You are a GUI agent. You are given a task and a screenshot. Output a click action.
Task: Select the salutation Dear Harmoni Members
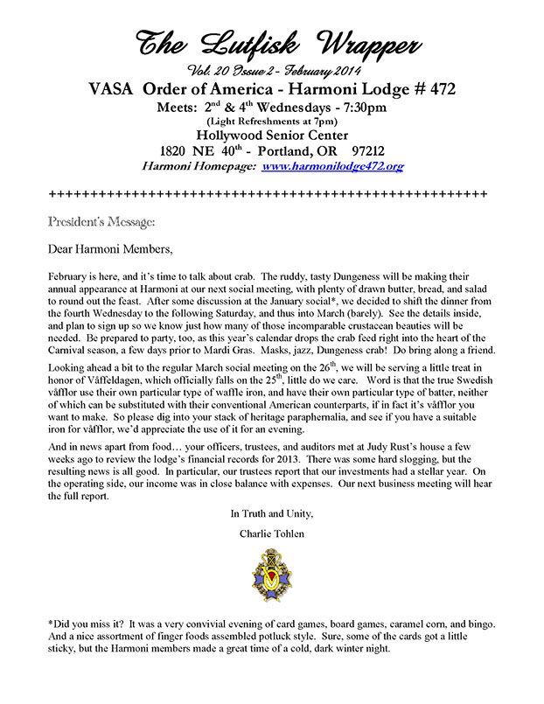(111, 248)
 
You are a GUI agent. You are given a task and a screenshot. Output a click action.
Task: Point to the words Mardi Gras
(328, 350)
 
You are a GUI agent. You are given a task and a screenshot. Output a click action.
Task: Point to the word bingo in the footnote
(479, 624)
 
